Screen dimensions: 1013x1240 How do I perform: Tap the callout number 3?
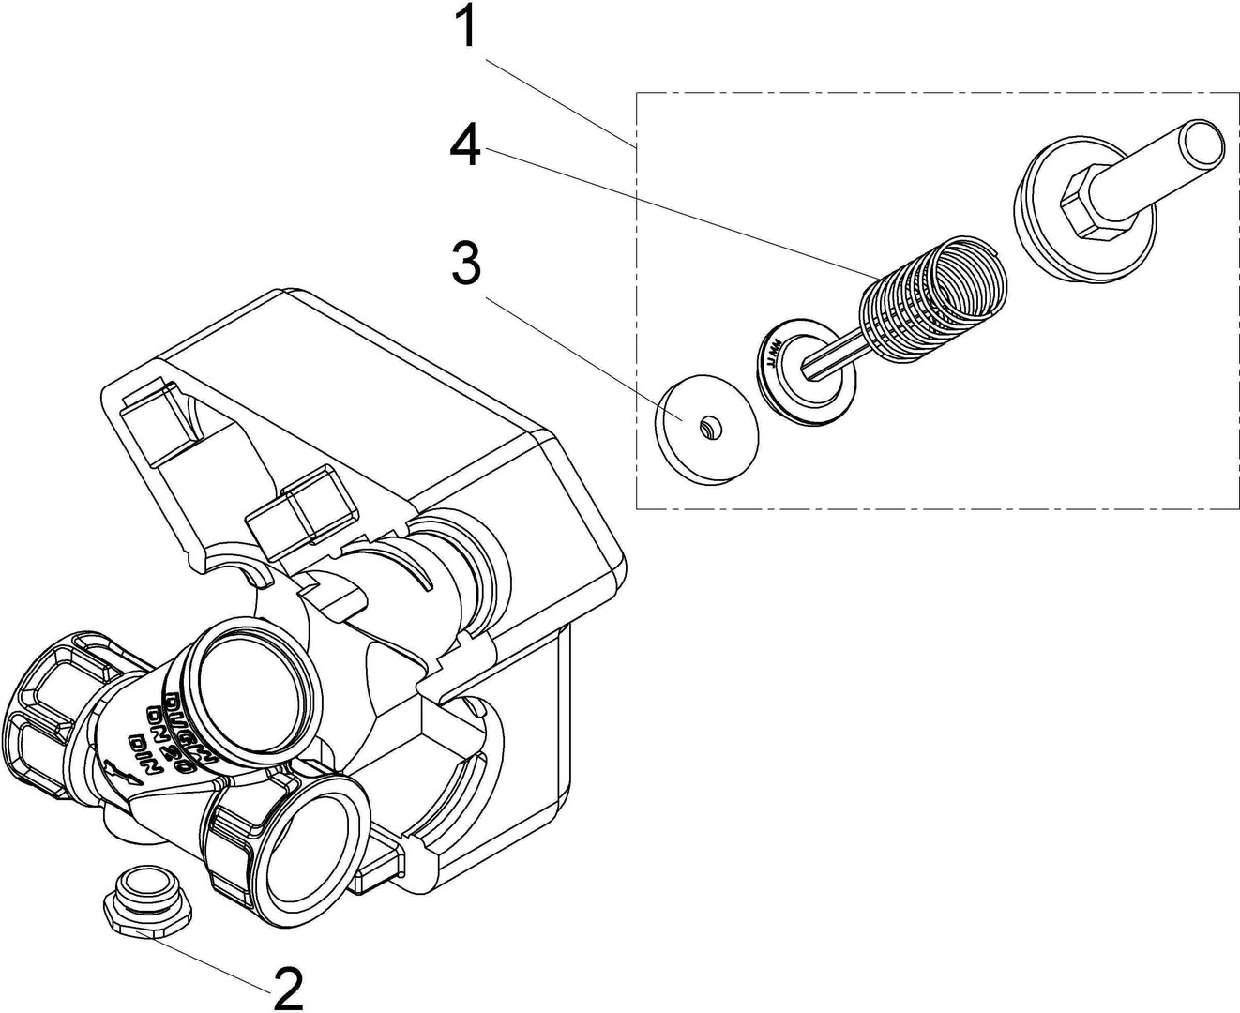click(466, 264)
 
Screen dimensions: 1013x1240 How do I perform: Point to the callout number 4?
click(465, 147)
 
